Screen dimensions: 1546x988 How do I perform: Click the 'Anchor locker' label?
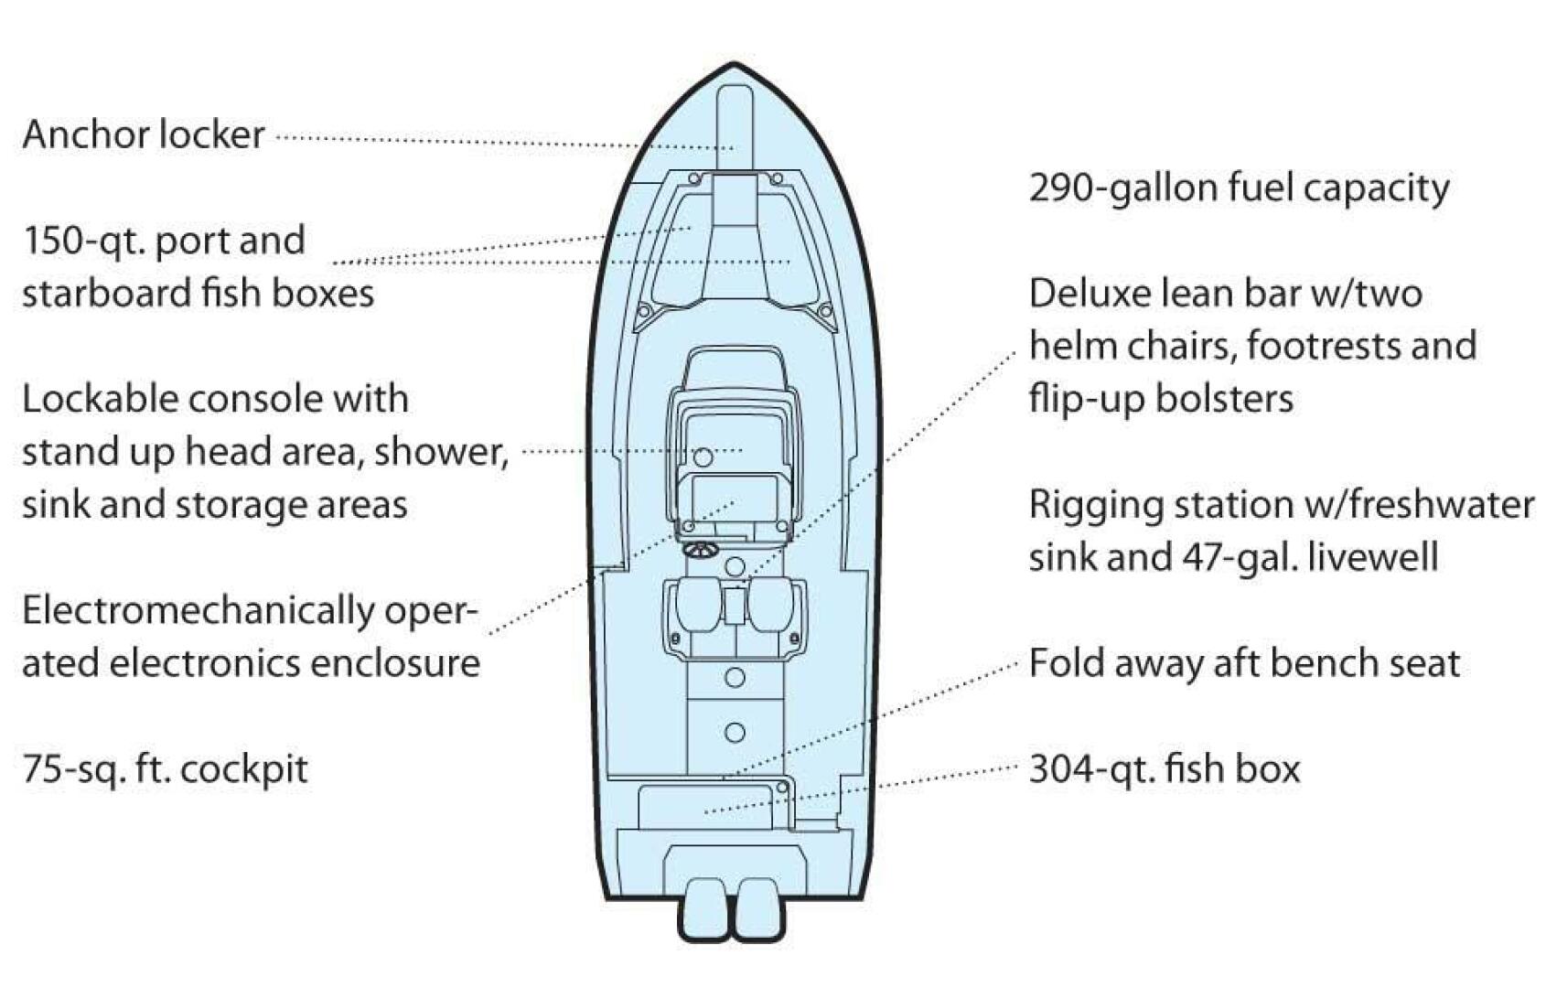(144, 134)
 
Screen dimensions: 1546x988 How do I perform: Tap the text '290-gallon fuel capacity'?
(1239, 188)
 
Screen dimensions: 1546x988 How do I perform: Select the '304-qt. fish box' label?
(1165, 768)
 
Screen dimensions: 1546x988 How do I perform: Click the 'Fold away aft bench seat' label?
(1244, 663)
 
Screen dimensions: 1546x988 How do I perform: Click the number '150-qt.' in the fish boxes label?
(84, 241)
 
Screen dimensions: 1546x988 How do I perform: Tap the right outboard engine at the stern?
(758, 909)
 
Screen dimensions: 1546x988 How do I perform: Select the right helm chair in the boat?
(771, 605)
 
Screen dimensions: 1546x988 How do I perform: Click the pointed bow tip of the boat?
(734, 63)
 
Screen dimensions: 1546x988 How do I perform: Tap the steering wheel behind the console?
(702, 551)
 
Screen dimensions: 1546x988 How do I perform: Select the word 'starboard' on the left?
(106, 293)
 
